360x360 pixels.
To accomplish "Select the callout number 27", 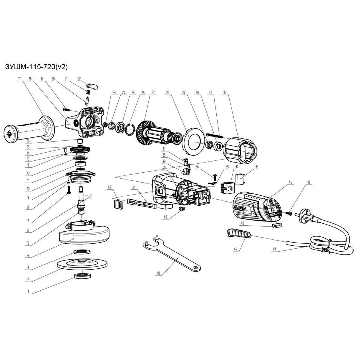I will click(x=153, y=93).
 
